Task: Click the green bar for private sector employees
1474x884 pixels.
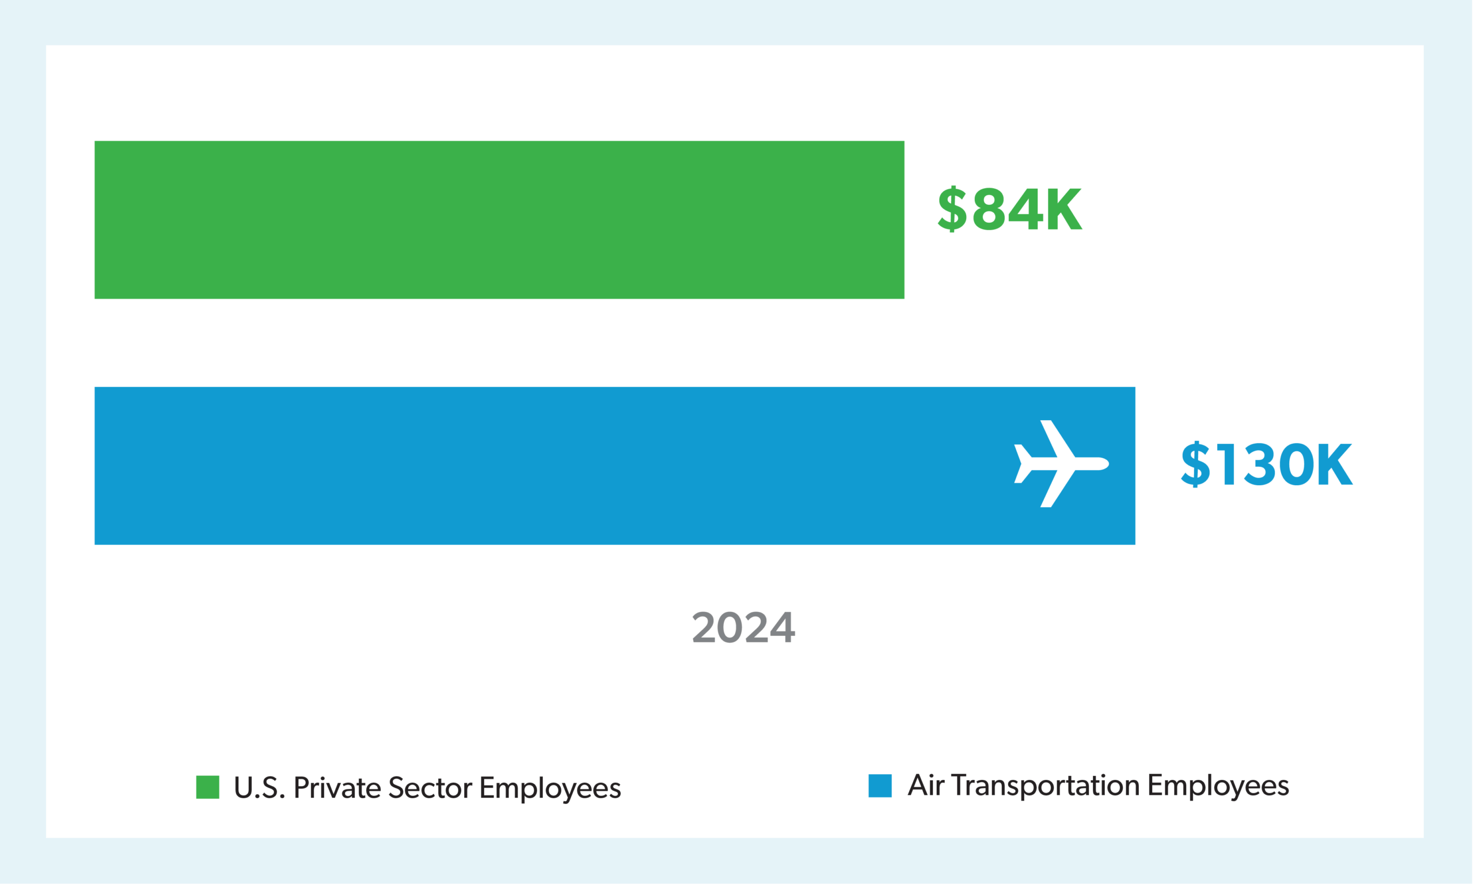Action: [499, 220]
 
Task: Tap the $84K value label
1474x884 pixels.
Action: [1009, 209]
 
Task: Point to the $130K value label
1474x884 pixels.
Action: [1267, 464]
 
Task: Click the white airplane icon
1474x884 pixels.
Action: [1060, 464]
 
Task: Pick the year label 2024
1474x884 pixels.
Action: [743, 627]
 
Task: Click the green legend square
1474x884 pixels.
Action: [208, 787]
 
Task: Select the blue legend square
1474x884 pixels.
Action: [880, 786]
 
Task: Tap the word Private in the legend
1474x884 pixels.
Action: [337, 788]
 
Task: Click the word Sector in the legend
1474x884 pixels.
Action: [430, 788]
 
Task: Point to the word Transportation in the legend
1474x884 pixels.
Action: [1046, 786]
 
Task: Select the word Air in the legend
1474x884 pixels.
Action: [926, 786]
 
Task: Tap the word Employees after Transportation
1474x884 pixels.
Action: [1218, 787]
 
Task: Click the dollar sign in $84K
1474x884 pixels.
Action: [952, 209]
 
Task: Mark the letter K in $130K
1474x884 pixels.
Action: [1335, 464]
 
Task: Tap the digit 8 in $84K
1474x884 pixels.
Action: [989, 209]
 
